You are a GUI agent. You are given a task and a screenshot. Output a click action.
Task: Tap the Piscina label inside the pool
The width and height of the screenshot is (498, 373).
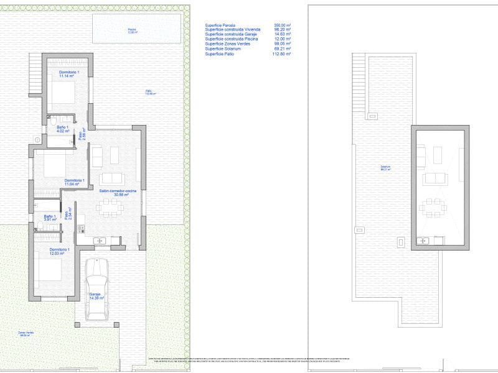pyautogui.click(x=132, y=30)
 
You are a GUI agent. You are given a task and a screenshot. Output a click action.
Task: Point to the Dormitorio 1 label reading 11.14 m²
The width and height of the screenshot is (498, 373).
pyautogui.click(x=69, y=74)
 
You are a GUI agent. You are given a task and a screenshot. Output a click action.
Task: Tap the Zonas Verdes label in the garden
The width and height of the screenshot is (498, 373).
pyautogui.click(x=27, y=333)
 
